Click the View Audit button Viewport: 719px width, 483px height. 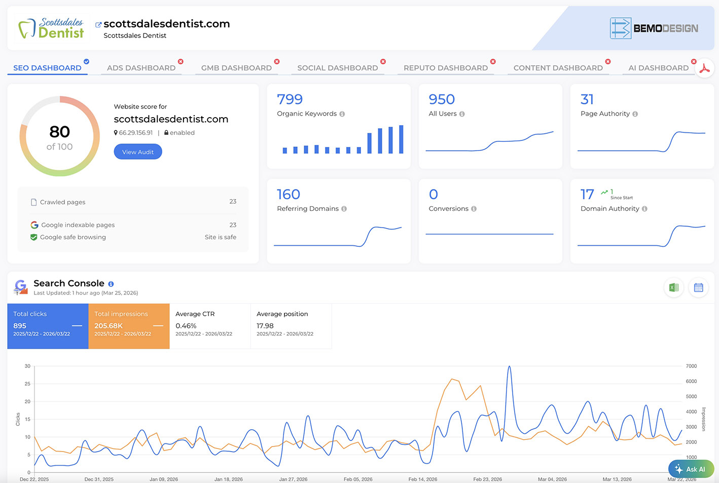[x=138, y=152]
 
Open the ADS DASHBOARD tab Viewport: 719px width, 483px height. [x=141, y=68]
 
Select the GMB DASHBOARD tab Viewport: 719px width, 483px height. [x=236, y=68]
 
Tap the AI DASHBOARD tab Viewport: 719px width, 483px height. [x=658, y=68]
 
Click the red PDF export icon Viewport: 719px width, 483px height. [x=704, y=69]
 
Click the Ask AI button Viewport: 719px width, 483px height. [x=691, y=469]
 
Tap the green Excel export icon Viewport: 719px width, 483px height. [x=674, y=288]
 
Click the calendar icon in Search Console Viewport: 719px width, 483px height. [x=698, y=288]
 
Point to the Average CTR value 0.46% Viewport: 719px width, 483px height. [x=186, y=326]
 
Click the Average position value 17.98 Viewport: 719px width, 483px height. [x=265, y=326]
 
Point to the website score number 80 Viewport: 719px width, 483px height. [x=60, y=132]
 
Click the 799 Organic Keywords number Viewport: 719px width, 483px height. [x=290, y=99]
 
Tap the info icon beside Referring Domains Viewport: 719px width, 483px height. [x=344, y=209]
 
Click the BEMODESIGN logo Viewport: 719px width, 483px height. [x=654, y=28]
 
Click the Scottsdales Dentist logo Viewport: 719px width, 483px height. [x=52, y=28]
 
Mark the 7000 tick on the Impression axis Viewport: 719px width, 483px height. [x=691, y=366]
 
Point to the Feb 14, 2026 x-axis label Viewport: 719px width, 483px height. [x=423, y=479]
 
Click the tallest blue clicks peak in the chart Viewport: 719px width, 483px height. [x=509, y=367]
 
